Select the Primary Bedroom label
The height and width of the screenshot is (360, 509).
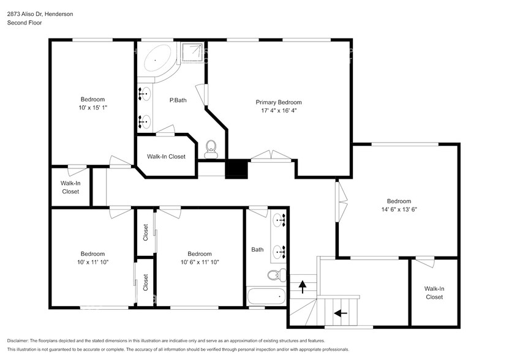pos(279,102)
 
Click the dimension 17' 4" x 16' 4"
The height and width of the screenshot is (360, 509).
pos(279,111)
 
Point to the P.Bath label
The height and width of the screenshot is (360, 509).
pos(178,100)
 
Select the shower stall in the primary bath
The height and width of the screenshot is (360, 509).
pos(192,53)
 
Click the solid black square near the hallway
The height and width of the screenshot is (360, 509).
pos(236,169)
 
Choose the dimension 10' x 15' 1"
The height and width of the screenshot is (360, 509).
pos(93,108)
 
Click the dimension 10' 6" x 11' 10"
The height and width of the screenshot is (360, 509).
pos(200,262)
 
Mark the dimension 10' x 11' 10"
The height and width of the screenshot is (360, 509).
pos(93,262)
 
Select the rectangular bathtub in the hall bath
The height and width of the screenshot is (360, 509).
pos(266,297)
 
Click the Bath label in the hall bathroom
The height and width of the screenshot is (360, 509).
pos(257,249)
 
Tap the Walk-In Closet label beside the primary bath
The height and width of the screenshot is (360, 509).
pos(166,157)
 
